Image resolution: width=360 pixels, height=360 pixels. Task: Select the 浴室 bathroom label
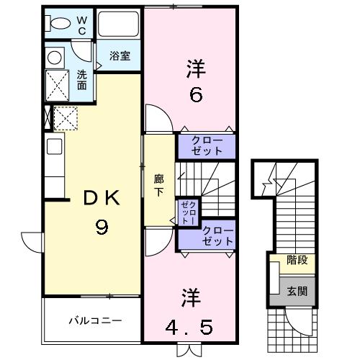click(120, 55)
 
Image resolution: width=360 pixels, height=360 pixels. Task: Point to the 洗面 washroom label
click(82, 78)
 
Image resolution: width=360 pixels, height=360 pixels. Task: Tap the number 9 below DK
click(102, 228)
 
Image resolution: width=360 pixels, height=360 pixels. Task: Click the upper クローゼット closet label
click(207, 146)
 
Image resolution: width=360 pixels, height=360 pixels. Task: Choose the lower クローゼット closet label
click(217, 236)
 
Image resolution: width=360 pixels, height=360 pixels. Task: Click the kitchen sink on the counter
click(55, 147)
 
